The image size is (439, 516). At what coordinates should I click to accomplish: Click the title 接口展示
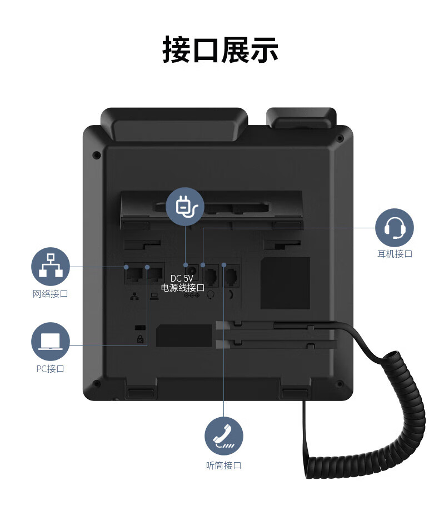[x=220, y=50]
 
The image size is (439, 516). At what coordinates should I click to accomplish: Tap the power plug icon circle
[x=186, y=207]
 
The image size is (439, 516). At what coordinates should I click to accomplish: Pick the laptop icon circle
[x=51, y=341]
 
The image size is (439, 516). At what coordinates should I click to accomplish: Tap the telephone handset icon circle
[x=224, y=435]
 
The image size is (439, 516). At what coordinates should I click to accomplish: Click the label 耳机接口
[x=395, y=254]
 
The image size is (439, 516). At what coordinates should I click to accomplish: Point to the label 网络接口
[x=51, y=293]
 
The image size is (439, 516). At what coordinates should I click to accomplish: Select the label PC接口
[x=51, y=368]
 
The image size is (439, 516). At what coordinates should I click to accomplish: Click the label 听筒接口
[x=224, y=465]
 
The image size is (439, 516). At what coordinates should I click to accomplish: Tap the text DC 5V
[x=182, y=278]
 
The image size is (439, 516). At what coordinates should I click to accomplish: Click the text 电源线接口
[x=183, y=288]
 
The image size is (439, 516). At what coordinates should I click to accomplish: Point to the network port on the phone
[x=134, y=274]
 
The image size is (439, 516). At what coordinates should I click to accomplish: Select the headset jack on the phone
[x=211, y=275]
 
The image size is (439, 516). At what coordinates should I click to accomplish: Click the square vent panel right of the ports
[x=285, y=283]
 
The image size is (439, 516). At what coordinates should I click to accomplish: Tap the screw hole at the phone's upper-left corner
[x=96, y=154]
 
